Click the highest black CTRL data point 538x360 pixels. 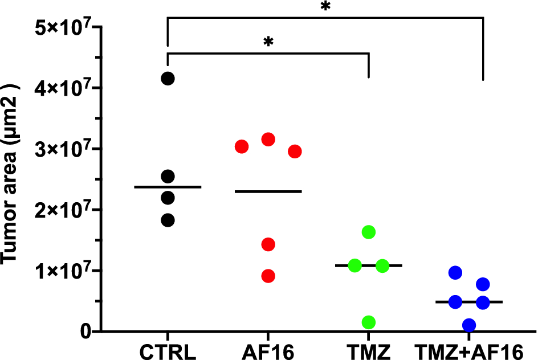pos(168,79)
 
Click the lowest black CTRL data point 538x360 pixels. pos(168,220)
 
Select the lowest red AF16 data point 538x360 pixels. pos(268,276)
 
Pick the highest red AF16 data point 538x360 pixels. pos(268,139)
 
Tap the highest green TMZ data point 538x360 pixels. pos(369,232)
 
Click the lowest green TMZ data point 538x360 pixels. pos(369,322)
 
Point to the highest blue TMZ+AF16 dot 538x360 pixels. pos(455,273)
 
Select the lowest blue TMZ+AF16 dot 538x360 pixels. pos(469,325)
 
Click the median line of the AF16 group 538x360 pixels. pos(268,191)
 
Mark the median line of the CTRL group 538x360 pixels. pos(168,187)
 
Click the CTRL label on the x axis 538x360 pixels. pos(168,349)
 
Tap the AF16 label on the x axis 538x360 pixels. pos(268,349)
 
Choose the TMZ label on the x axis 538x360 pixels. pos(369,349)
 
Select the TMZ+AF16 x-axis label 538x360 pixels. pos(469,349)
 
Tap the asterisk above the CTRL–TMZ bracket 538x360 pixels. pos(268,43)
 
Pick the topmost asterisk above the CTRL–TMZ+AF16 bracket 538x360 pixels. pos(325,7)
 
